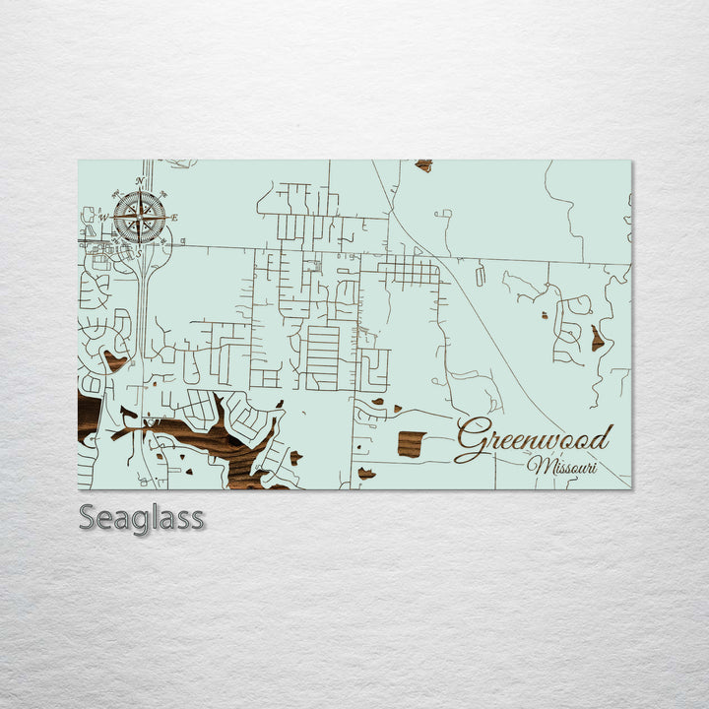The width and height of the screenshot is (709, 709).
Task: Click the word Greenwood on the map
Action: tap(535, 439)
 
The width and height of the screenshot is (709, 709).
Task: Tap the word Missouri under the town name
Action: tap(562, 466)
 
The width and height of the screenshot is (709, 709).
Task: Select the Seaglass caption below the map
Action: tap(142, 517)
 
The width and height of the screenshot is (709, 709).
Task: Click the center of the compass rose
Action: tap(139, 218)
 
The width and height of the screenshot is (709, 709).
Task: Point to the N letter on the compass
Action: tap(139, 181)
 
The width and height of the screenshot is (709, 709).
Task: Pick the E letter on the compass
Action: tap(174, 218)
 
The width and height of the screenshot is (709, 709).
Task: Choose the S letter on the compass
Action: tap(139, 253)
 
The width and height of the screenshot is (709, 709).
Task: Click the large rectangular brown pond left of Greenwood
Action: tap(411, 443)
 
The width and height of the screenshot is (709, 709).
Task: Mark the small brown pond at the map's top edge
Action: tap(423, 165)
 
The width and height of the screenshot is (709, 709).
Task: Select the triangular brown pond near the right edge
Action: tap(597, 339)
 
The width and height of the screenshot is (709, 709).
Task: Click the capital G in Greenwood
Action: tap(474, 439)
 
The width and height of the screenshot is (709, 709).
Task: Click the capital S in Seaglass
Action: tap(89, 517)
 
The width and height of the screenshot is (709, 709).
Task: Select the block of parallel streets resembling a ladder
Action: tap(322, 357)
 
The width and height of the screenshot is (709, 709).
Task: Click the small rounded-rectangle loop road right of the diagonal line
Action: tap(480, 277)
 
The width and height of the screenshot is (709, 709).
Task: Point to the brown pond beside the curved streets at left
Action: tap(115, 361)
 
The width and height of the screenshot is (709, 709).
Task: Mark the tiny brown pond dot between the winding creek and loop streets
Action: tap(544, 316)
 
